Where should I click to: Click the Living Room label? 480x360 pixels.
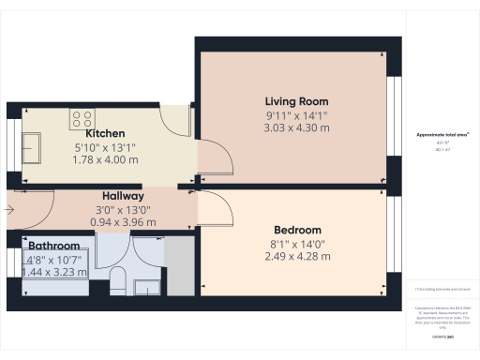point(296,101)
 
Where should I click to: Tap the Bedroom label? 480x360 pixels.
point(297,231)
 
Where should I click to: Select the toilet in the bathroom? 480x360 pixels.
point(118,282)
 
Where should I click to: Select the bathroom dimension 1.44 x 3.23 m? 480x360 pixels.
point(53,272)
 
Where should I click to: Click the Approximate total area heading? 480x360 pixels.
point(442,136)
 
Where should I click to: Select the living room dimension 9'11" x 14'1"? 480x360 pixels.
point(296,115)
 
